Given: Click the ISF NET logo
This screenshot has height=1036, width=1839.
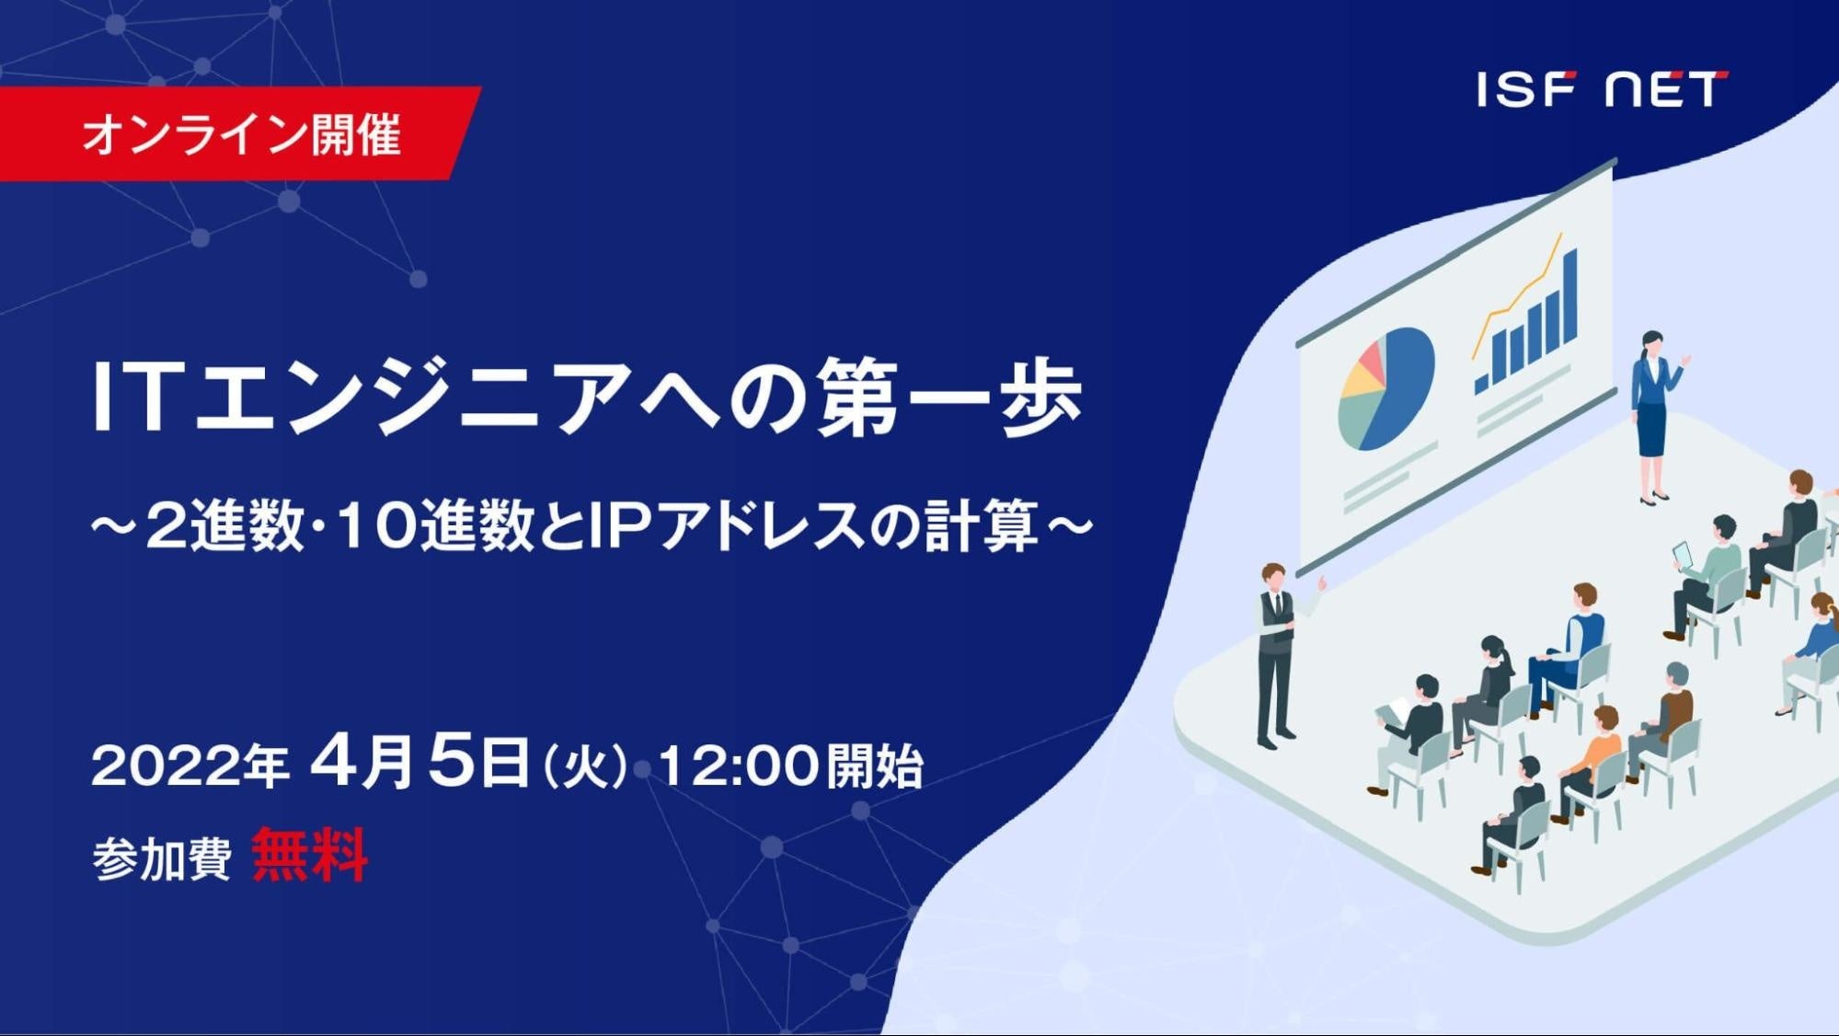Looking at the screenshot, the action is (x=1602, y=89).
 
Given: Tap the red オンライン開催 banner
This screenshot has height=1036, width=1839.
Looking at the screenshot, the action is (x=239, y=133).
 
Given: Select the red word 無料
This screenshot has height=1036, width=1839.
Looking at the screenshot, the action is (x=310, y=856).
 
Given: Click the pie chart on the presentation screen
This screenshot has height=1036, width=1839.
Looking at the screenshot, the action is (x=1385, y=388).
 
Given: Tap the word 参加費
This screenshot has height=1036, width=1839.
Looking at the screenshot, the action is (x=161, y=859).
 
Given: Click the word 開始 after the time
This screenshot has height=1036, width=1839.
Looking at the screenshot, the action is (x=874, y=765).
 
